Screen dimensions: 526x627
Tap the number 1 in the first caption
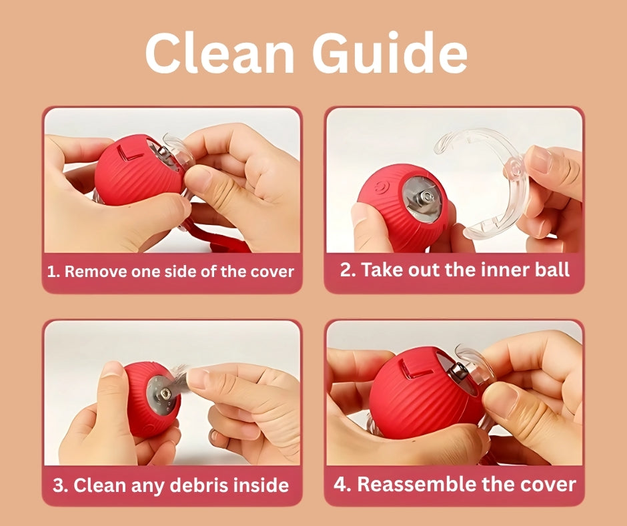[x=53, y=272]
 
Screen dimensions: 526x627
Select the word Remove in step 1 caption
[x=93, y=272]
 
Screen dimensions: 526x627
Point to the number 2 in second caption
[x=345, y=270]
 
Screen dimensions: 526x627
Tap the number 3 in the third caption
[x=59, y=485]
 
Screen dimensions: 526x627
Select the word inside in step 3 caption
[x=260, y=485]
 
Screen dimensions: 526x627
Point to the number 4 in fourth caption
[x=341, y=484]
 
